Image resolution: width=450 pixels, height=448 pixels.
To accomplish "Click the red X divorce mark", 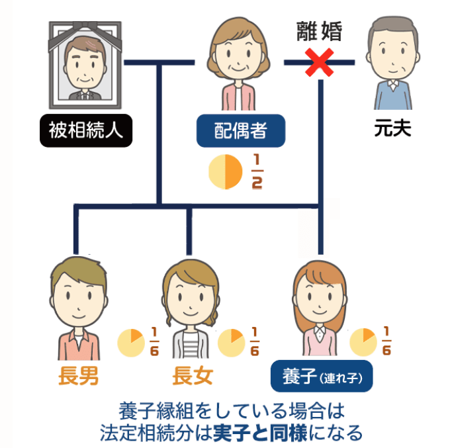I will pyautogui.click(x=320, y=64).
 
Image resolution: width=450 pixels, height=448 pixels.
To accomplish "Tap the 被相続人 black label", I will pyautogui.click(x=86, y=129).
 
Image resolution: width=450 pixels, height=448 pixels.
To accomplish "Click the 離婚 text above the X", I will pyautogui.click(x=320, y=32).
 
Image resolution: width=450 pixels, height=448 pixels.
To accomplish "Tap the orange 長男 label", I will pyautogui.click(x=79, y=376).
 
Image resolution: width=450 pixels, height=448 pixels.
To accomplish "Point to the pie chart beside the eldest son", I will pyautogui.click(x=130, y=342).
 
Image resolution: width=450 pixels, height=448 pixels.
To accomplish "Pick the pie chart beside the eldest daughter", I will pyautogui.click(x=231, y=342).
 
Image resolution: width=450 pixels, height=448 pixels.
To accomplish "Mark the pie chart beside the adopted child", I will pyautogui.click(x=363, y=342).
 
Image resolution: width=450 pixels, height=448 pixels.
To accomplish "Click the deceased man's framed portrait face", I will pyautogui.click(x=86, y=63).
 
